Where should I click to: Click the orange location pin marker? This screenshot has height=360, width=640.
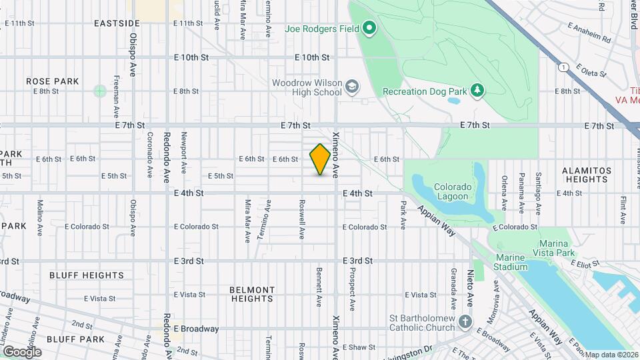(x=321, y=159)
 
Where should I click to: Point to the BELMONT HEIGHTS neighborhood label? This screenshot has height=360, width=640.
(x=252, y=294)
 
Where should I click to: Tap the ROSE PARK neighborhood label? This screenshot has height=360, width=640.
(x=53, y=81)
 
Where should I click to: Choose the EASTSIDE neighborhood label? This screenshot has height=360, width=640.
(x=117, y=23)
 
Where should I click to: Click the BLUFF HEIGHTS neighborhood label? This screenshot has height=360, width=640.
(x=87, y=275)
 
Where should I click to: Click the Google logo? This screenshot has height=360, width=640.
(x=22, y=351)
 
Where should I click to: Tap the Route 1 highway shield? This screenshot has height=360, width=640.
(x=565, y=67)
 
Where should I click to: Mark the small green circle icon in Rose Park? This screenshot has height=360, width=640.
(x=100, y=91)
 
